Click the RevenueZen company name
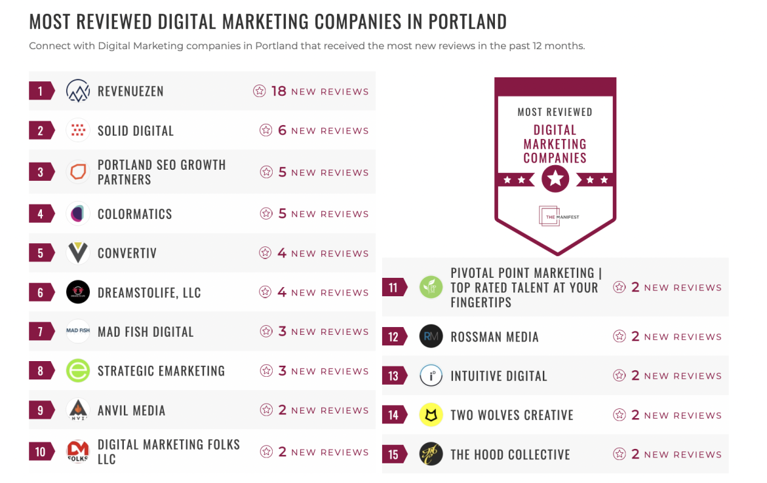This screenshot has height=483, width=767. pos(130,91)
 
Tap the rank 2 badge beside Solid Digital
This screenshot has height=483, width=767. pos(41,130)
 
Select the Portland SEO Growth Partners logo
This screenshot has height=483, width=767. pos(78,172)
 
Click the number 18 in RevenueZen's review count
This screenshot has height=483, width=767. pos(279,91)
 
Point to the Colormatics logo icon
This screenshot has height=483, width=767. pos(78,214)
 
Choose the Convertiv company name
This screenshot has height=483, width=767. pos(127,253)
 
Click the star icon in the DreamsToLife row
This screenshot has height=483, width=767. pos(265,292)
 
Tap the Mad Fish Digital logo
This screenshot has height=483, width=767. pos(78,331)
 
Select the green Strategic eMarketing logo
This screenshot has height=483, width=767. pos(78,371)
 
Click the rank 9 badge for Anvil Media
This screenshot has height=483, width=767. pos(41,410)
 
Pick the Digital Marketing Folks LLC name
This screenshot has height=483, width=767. pos(168,452)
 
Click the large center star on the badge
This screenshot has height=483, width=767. pos(555,178)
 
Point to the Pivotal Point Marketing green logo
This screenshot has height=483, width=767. pos(431,287)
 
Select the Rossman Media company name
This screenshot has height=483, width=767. pos(494,337)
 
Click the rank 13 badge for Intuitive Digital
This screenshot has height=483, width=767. pos(393,376)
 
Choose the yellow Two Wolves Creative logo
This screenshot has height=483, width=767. pos(431,415)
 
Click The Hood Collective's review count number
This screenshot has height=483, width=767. pos(635,454)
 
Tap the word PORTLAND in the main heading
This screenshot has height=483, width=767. pos(467,22)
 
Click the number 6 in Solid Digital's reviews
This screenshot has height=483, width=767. pos(283,130)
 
